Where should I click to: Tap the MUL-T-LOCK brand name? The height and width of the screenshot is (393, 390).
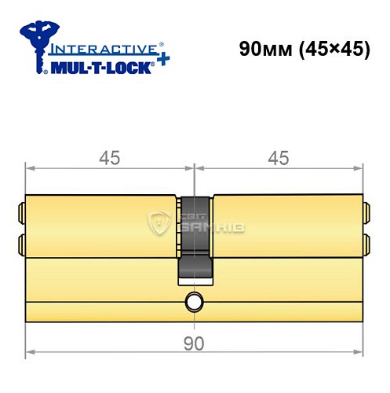(106, 65)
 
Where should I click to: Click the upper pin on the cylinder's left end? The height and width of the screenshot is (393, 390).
(22, 211)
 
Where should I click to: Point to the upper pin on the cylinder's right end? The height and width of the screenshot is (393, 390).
(366, 211)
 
